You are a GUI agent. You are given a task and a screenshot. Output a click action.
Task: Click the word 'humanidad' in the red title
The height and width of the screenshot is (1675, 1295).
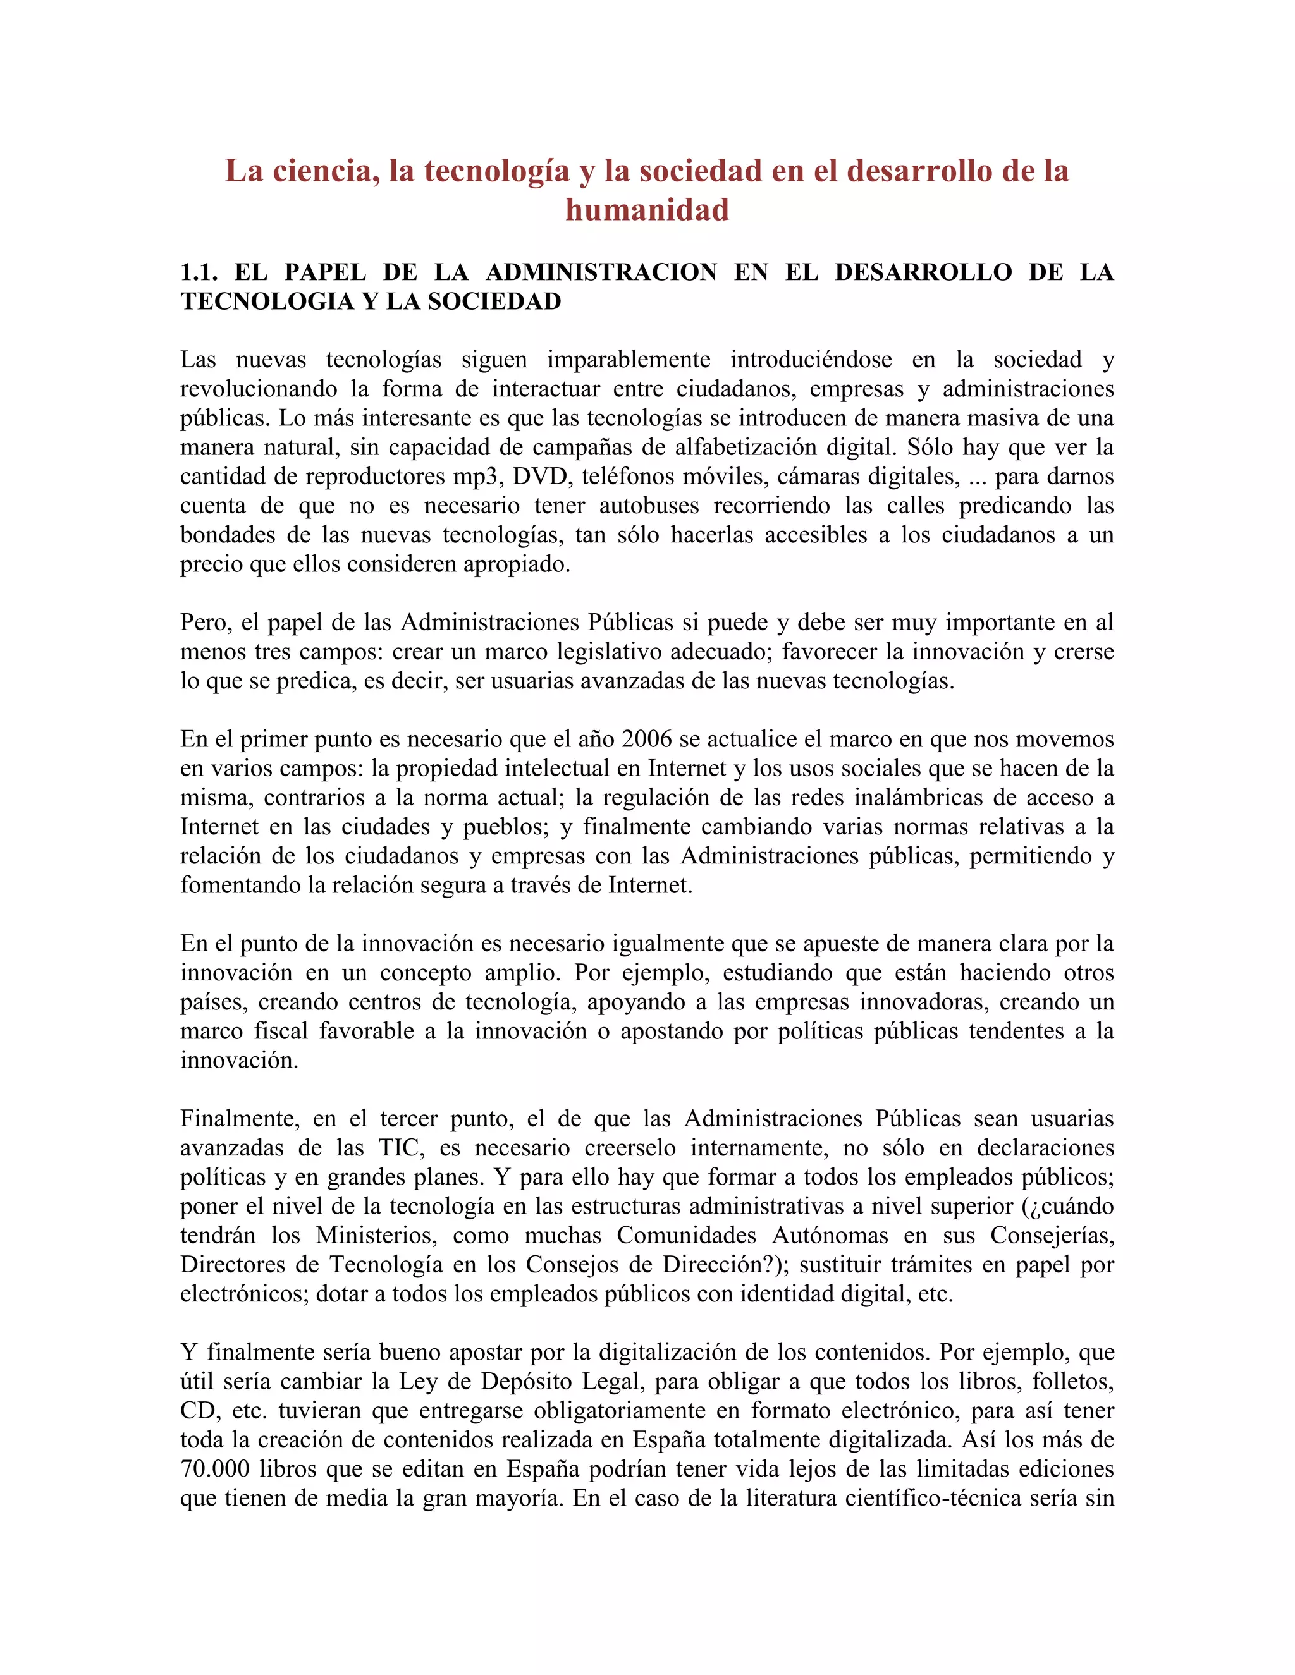pos(647,209)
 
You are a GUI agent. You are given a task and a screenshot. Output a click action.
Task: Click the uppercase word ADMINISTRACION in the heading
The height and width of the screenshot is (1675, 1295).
pos(601,272)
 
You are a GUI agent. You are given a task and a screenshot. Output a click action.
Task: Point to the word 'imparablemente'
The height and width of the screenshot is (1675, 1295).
pos(629,359)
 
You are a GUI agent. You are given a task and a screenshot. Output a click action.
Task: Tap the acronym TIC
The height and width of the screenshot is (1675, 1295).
pos(399,1147)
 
